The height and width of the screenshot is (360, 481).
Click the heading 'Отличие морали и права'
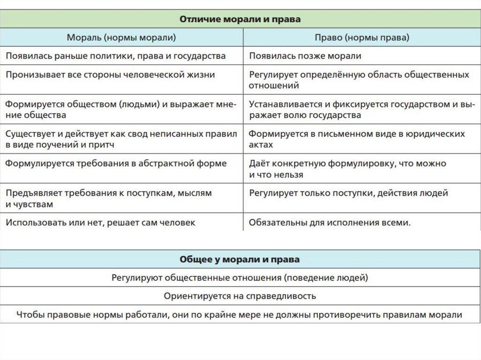click(x=240, y=19)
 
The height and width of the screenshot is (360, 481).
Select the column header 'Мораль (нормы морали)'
click(x=122, y=38)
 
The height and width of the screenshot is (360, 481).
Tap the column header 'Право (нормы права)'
click(x=362, y=38)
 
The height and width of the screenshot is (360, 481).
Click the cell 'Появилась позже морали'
click(x=305, y=56)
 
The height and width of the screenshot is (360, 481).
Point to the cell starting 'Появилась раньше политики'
click(x=116, y=56)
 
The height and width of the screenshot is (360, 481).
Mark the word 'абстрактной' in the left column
click(x=171, y=163)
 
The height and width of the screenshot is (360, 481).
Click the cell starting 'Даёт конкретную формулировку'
click(x=348, y=169)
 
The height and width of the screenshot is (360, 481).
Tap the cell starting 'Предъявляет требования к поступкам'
click(x=109, y=199)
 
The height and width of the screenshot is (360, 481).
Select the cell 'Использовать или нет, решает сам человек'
click(x=101, y=222)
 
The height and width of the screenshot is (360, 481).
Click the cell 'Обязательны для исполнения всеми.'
click(x=330, y=222)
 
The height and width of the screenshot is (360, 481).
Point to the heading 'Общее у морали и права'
click(x=240, y=260)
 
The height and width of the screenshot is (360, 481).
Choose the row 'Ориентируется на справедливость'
click(x=240, y=296)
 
